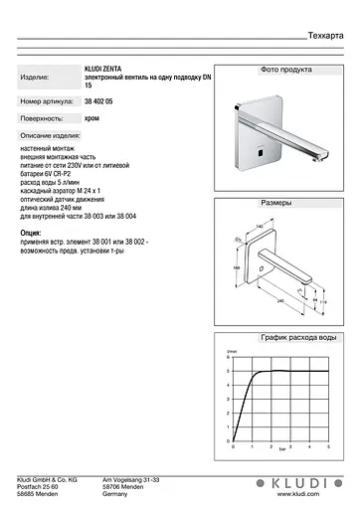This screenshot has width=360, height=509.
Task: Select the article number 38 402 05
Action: [99, 102]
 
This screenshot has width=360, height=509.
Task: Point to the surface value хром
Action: [91, 116]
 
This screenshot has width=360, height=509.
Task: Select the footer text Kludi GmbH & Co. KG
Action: [47, 479]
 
